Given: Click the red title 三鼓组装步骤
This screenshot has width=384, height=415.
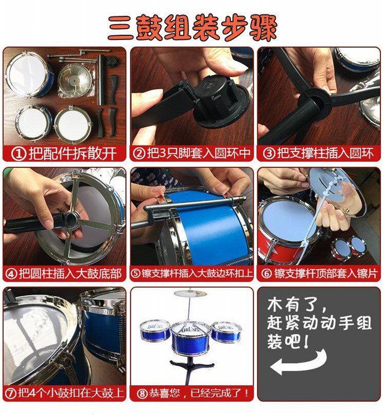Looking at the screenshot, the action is tap(193, 28).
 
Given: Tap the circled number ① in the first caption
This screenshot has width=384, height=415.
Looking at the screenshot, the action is tap(19, 154).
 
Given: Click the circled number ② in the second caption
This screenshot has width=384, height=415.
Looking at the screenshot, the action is tap(139, 153).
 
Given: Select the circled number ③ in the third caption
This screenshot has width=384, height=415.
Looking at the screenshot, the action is tap(269, 153).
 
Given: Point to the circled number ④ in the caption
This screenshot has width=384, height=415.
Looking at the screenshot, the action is tap(11, 274).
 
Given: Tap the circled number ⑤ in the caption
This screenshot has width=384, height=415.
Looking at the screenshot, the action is tap(136, 273).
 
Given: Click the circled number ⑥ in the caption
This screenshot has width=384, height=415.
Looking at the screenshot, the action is tap(266, 273).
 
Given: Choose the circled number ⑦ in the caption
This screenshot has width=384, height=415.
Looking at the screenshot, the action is tap(11, 393).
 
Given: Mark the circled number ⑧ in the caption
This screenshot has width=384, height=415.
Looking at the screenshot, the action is tap(142, 393).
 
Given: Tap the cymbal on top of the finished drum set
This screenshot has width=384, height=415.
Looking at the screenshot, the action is tap(190, 293).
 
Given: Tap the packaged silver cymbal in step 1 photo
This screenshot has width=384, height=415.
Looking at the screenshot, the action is tap(75, 80).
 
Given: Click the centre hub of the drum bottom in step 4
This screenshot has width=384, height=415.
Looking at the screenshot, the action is tap(71, 219).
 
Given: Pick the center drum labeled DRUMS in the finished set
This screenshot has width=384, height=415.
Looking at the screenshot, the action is tap(190, 338).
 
